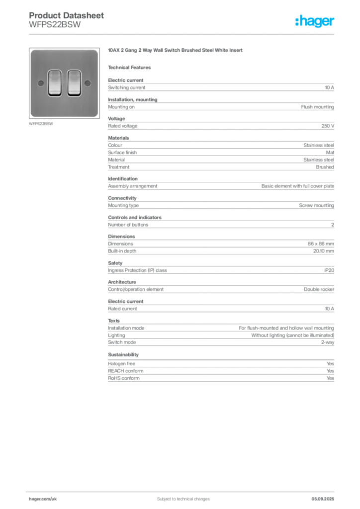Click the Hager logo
314,21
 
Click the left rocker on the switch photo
55,83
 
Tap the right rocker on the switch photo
74,83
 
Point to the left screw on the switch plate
41,83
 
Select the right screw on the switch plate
88,83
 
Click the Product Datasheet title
66,15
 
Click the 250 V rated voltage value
328,126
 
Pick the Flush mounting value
317,107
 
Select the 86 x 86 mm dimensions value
321,244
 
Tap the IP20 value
329,270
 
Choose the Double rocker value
319,289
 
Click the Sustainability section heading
123,355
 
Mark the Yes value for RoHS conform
330,378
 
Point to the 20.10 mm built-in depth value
323,251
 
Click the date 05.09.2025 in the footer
323,499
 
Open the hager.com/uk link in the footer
43,499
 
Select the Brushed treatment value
325,167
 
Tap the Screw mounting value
317,205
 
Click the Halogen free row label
121,363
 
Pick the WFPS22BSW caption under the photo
41,124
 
